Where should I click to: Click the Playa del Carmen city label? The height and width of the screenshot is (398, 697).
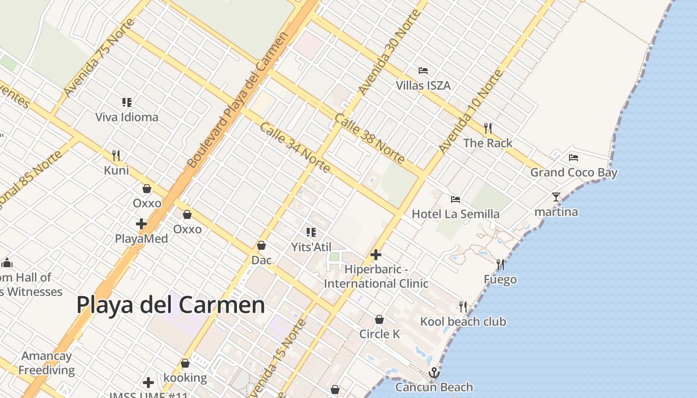(170, 304)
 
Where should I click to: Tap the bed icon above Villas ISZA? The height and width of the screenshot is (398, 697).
(423, 71)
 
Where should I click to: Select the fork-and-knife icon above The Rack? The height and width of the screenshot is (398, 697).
(488, 128)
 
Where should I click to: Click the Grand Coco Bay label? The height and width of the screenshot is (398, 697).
(574, 173)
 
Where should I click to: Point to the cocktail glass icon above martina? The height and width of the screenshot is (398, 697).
(556, 197)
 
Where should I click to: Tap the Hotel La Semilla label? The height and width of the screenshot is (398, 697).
(456, 214)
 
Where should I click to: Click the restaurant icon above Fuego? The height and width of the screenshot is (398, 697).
(500, 264)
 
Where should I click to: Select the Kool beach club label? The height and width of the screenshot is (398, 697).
(463, 321)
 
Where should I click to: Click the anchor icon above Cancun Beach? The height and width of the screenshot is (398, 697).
(434, 372)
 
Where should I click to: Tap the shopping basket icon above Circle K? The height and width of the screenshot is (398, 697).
(379, 319)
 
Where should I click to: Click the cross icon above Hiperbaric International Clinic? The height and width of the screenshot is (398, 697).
(376, 255)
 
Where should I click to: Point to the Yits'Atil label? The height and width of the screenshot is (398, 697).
(311, 246)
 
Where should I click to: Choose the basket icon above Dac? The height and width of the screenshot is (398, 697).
(261, 245)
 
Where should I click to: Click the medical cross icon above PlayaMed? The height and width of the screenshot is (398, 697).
(141, 224)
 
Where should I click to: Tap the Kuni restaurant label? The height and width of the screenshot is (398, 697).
(116, 170)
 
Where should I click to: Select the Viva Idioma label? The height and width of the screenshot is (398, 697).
(127, 117)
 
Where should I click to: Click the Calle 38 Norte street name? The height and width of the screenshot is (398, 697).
(369, 139)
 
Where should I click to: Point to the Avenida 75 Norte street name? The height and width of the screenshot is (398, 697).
(100, 58)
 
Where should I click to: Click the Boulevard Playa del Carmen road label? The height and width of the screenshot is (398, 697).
(238, 99)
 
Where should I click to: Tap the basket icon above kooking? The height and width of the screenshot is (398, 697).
(185, 364)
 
